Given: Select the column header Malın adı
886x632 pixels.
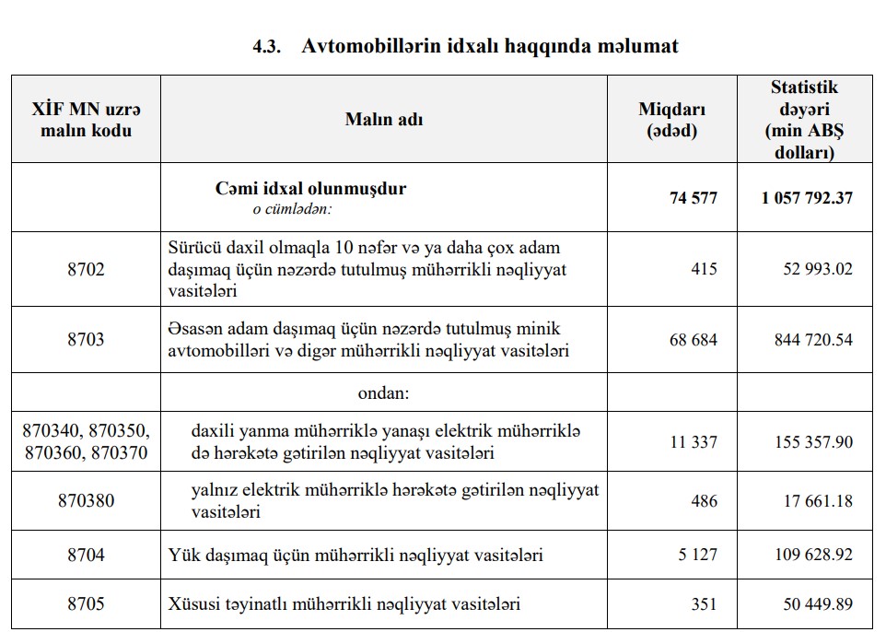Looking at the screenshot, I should coord(384,119).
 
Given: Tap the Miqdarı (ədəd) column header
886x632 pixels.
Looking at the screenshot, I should coord(671,119).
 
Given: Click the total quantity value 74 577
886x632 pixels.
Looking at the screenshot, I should coord(693,198).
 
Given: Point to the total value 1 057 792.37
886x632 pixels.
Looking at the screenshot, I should coord(807,198).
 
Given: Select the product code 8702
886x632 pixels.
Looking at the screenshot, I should coord(86,270).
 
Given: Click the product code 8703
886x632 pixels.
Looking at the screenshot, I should coord(86,339).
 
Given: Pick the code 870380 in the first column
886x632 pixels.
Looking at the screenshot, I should coord(86,501).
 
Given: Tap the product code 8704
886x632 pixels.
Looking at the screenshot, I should coord(86,556).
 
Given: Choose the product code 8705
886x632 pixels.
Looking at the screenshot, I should coord(86,604).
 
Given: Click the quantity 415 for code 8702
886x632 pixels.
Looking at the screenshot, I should coord(704,270).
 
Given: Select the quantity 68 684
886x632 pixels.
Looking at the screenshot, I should coord(693,340).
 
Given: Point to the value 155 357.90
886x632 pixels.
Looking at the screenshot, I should coord(813,442).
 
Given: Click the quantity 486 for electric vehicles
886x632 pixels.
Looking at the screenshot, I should coord(704,501).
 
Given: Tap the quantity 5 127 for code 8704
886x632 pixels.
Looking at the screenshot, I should coord(697,556).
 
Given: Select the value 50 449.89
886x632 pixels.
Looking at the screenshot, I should coord(817,604).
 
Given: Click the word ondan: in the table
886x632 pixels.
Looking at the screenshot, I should coord(383,392).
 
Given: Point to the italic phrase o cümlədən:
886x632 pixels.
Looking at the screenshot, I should coord(292,209).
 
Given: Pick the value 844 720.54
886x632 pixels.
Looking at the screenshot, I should coord(813,340).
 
